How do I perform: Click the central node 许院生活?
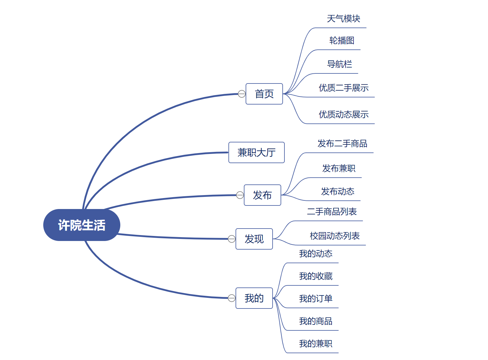pos(81,225)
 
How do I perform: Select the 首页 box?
pos(264,94)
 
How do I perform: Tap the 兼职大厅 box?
pos(256,152)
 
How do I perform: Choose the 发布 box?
pos(262,195)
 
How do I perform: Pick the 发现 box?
pos(254,239)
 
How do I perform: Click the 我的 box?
pos(254,298)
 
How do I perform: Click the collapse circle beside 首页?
pos(242,94)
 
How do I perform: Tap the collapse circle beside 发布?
pos(240,195)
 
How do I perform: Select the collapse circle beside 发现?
pos(232,239)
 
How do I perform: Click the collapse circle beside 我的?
pos(232,298)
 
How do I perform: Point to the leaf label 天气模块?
pos(343,19)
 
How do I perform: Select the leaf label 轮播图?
pos(342,41)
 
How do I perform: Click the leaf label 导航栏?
pos(339,64)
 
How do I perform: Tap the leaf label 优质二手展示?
pos(343,88)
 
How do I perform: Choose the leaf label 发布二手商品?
pos(342,144)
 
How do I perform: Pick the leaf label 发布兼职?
pos(339,168)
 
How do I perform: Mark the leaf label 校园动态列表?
pos(335,236)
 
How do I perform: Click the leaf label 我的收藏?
pos(316,276)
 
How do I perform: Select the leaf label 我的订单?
pos(316,299)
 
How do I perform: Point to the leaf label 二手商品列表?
pos(332,212)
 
